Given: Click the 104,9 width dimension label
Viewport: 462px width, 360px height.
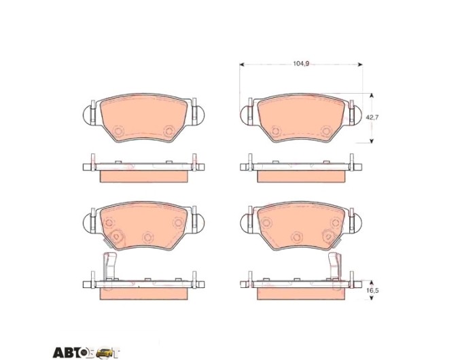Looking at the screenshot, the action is [x=301, y=64].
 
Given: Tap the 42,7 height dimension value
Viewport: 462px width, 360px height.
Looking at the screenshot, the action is [x=372, y=118].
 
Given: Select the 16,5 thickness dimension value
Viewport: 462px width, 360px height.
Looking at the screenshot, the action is [x=372, y=291].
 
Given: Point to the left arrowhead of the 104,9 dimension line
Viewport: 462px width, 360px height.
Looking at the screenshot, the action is [x=242, y=65].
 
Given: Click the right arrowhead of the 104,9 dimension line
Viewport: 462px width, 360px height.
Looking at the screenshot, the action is [x=360, y=65].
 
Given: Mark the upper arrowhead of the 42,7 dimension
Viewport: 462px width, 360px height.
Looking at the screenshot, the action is [x=372, y=96].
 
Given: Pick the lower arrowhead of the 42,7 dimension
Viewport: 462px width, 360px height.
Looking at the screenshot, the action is [x=372, y=141].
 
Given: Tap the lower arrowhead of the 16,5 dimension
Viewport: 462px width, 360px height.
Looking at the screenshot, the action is [x=372, y=298].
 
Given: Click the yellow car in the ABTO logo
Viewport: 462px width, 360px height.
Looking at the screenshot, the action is [x=105, y=353].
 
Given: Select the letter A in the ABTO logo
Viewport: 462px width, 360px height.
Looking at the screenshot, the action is [x=58, y=353].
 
